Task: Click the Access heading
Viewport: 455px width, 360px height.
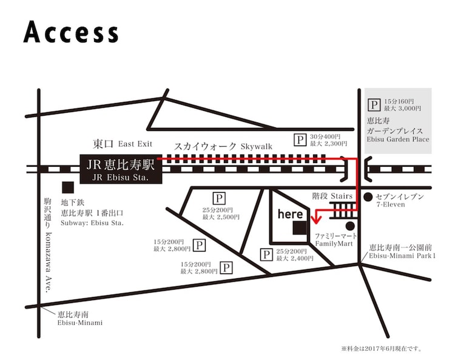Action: pos(71,33)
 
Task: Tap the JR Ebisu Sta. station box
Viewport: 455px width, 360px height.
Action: pos(121,169)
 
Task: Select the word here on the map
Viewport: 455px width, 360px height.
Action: pos(290,214)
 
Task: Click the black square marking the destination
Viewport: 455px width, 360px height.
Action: pos(298,228)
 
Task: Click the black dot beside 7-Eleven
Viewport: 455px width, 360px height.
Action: pos(368,197)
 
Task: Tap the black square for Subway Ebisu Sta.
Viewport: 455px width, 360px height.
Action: pos(68,187)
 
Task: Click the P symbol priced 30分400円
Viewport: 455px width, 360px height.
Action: pos(300,140)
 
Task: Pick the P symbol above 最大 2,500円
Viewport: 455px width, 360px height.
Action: pos(218,198)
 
